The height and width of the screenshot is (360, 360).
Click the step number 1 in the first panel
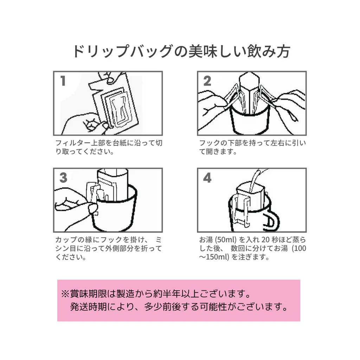(x=63, y=81)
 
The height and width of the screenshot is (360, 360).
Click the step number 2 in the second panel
(x=207, y=81)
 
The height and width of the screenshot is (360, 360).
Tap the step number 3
(x=63, y=178)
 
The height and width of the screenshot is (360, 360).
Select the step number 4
(x=207, y=178)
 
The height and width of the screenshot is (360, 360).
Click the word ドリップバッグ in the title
(x=122, y=51)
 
